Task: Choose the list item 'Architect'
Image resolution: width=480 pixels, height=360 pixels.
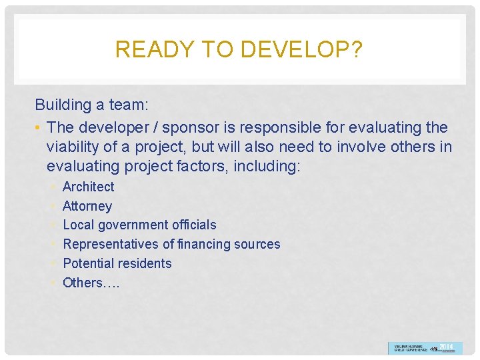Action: [88, 187]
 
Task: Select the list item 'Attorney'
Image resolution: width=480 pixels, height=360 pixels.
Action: [87, 206]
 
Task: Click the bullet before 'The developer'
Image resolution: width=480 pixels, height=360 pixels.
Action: [39, 127]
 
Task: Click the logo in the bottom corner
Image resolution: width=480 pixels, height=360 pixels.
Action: [425, 348]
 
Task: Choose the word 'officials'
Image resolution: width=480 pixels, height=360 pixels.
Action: [193, 225]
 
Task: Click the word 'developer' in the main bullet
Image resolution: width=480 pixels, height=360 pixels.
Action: [107, 127]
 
